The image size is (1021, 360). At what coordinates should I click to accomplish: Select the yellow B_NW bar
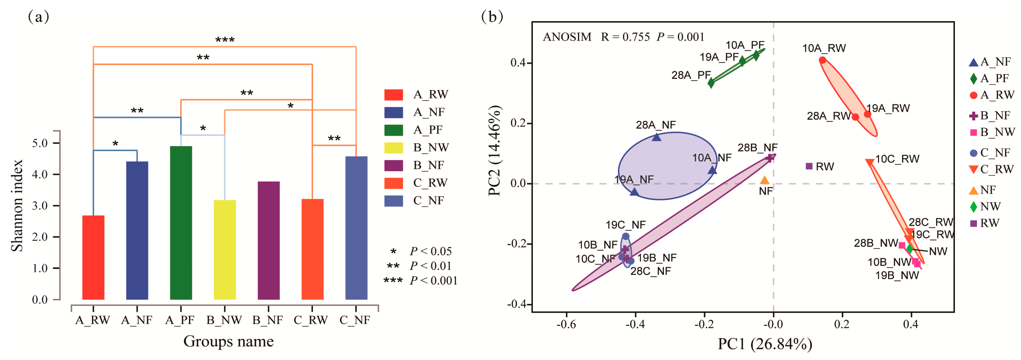pos(225,249)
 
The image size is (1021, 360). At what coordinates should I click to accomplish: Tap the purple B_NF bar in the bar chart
pos(268,240)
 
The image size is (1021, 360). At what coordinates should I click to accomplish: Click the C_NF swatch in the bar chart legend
pos(393,201)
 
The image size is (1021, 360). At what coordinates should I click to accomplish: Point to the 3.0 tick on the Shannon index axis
pos(40,205)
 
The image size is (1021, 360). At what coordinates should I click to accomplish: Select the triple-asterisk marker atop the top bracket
pos(225,40)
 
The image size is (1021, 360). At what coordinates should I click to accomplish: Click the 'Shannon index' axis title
pos(17,205)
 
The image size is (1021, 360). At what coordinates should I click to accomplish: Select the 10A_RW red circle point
pos(822,60)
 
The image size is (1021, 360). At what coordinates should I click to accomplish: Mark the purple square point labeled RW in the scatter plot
pos(809,166)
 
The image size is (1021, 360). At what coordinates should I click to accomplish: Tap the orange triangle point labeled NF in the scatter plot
pos(764,180)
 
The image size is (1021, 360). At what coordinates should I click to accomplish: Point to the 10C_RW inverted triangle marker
pos(869,162)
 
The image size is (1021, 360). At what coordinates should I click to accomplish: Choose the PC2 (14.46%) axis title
pos(495,151)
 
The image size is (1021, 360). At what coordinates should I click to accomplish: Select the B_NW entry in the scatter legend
pos(992,132)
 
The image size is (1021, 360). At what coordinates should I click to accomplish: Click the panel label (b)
pos(492,17)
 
